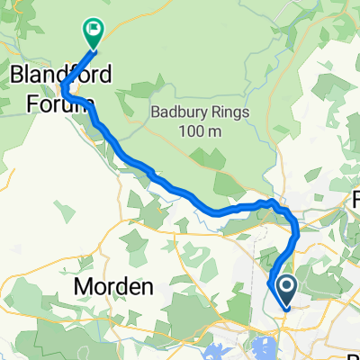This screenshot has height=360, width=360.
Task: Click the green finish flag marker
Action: pyautogui.click(x=93, y=32)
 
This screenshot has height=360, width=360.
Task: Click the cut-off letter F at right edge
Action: pyautogui.click(x=355, y=198)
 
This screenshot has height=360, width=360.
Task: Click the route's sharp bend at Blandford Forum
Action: pyautogui.click(x=63, y=87)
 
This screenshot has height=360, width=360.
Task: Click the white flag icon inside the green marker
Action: pyautogui.click(x=93, y=30)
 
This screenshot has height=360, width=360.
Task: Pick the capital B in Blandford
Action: pyautogui.click(x=18, y=74)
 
